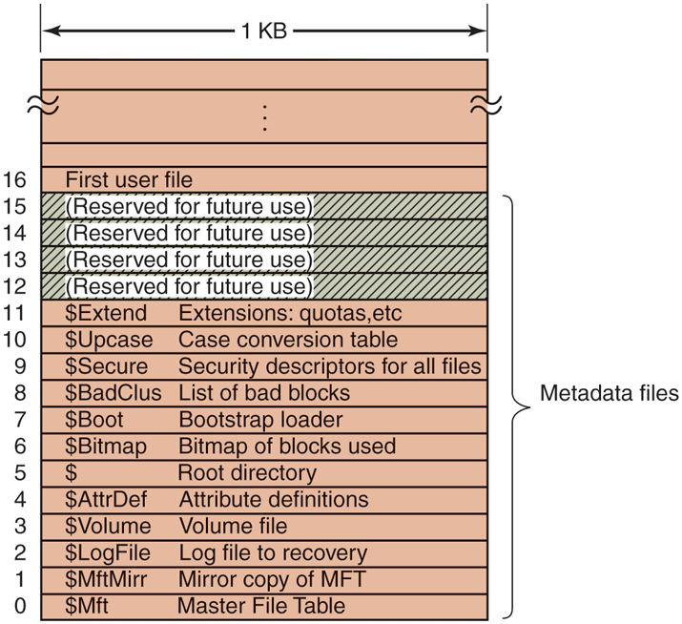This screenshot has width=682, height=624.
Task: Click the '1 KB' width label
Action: click(264, 31)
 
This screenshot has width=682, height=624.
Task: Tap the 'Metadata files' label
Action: click(609, 392)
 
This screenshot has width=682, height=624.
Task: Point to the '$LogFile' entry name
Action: click(106, 552)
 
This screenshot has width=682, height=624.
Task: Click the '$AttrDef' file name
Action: click(105, 499)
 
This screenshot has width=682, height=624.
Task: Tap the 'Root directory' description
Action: click(246, 472)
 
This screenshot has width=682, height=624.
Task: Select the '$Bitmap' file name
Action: click(102, 446)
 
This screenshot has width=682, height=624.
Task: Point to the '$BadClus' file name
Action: click(113, 392)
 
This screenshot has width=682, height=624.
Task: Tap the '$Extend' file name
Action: click(105, 312)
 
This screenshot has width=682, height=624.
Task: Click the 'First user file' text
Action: click(129, 179)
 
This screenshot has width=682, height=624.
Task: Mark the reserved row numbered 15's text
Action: click(191, 205)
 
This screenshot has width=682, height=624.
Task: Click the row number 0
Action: click(22, 606)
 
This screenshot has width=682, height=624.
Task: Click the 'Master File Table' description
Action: click(260, 606)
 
